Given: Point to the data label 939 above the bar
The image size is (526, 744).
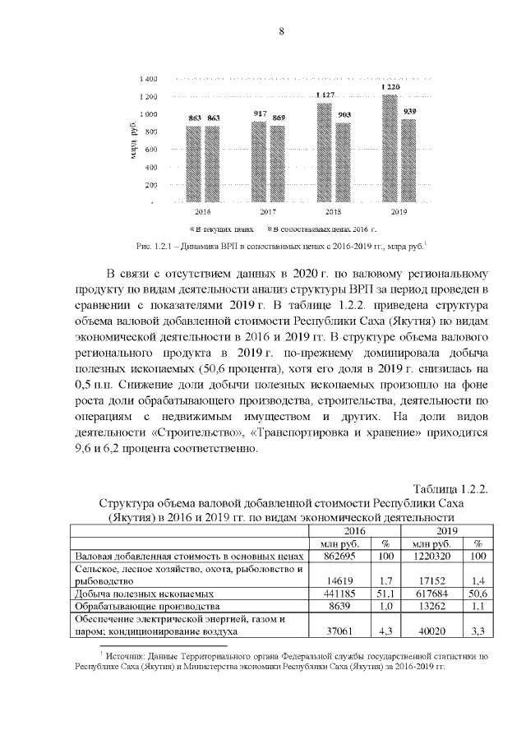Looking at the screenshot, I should pos(410,111).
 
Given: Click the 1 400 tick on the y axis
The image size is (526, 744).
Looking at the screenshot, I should pos(149,79).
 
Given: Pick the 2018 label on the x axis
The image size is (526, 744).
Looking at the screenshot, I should pos(334,211).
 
